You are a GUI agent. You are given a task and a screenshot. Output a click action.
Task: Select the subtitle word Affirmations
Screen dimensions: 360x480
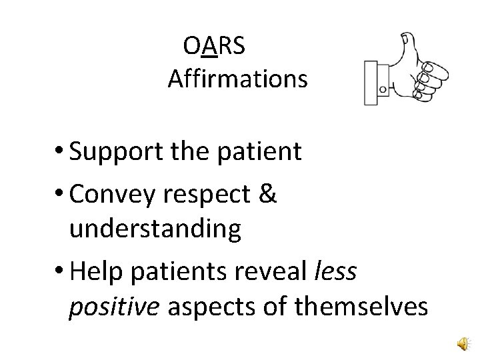click(237, 79)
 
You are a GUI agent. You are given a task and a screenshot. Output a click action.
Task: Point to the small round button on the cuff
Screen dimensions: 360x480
click(382, 88)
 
